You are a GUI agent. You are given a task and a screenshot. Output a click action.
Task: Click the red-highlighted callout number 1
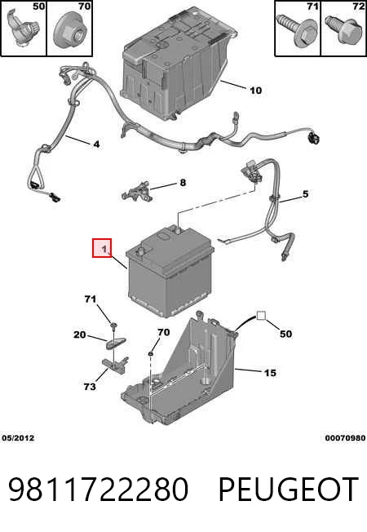104,249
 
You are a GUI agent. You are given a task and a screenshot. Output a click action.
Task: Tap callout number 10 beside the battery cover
256,91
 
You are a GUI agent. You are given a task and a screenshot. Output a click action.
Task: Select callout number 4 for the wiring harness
96,144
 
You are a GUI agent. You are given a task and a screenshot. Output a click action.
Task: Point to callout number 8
183,183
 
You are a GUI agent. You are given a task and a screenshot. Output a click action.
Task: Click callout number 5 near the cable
306,193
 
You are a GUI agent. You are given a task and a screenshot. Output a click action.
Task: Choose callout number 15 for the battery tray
270,373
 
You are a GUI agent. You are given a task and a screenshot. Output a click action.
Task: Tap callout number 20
80,335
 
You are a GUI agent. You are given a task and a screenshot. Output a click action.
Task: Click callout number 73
90,387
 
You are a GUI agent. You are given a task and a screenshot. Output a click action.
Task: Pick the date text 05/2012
18,438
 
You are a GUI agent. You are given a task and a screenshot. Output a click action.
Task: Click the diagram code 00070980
345,438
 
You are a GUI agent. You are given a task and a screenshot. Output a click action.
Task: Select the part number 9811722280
99,489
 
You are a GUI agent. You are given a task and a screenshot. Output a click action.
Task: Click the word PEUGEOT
289,489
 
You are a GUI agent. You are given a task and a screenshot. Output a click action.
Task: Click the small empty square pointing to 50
261,316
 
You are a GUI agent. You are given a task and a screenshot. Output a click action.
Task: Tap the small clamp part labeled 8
136,191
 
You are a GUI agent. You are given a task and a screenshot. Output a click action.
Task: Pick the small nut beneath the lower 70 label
150,354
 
